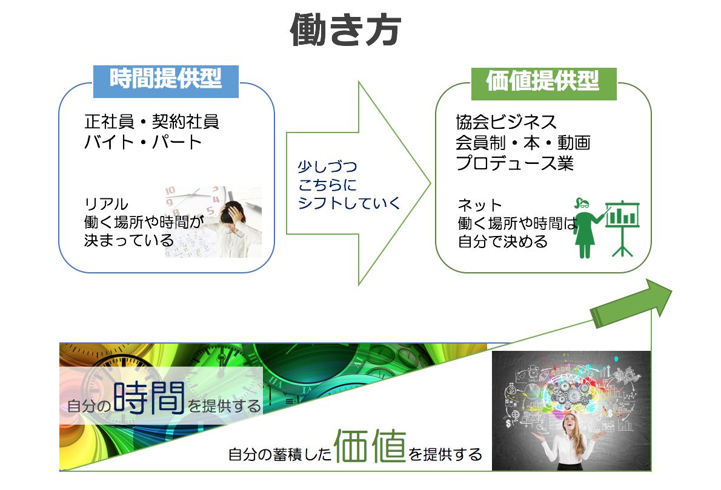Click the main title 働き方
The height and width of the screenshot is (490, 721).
[x=345, y=30]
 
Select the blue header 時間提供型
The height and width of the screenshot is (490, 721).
[x=166, y=80]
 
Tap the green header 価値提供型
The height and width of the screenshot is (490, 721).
[x=543, y=83]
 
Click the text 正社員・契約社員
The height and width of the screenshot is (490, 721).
[x=151, y=122]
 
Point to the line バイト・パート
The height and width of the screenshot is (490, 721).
[x=143, y=142]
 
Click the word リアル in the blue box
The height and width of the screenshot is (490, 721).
[x=106, y=204]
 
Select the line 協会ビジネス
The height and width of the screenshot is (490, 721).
[x=507, y=122]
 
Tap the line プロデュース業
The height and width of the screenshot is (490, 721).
[x=515, y=163]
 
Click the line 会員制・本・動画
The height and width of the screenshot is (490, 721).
[x=523, y=143]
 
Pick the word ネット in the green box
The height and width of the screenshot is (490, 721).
[x=480, y=205]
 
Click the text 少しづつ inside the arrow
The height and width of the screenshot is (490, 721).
[x=327, y=167]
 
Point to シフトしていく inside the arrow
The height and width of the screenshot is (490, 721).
[x=350, y=203]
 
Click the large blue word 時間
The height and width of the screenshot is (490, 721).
[x=149, y=397]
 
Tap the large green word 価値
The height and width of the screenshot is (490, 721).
[x=370, y=445]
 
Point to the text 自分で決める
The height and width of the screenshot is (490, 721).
[x=503, y=241]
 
